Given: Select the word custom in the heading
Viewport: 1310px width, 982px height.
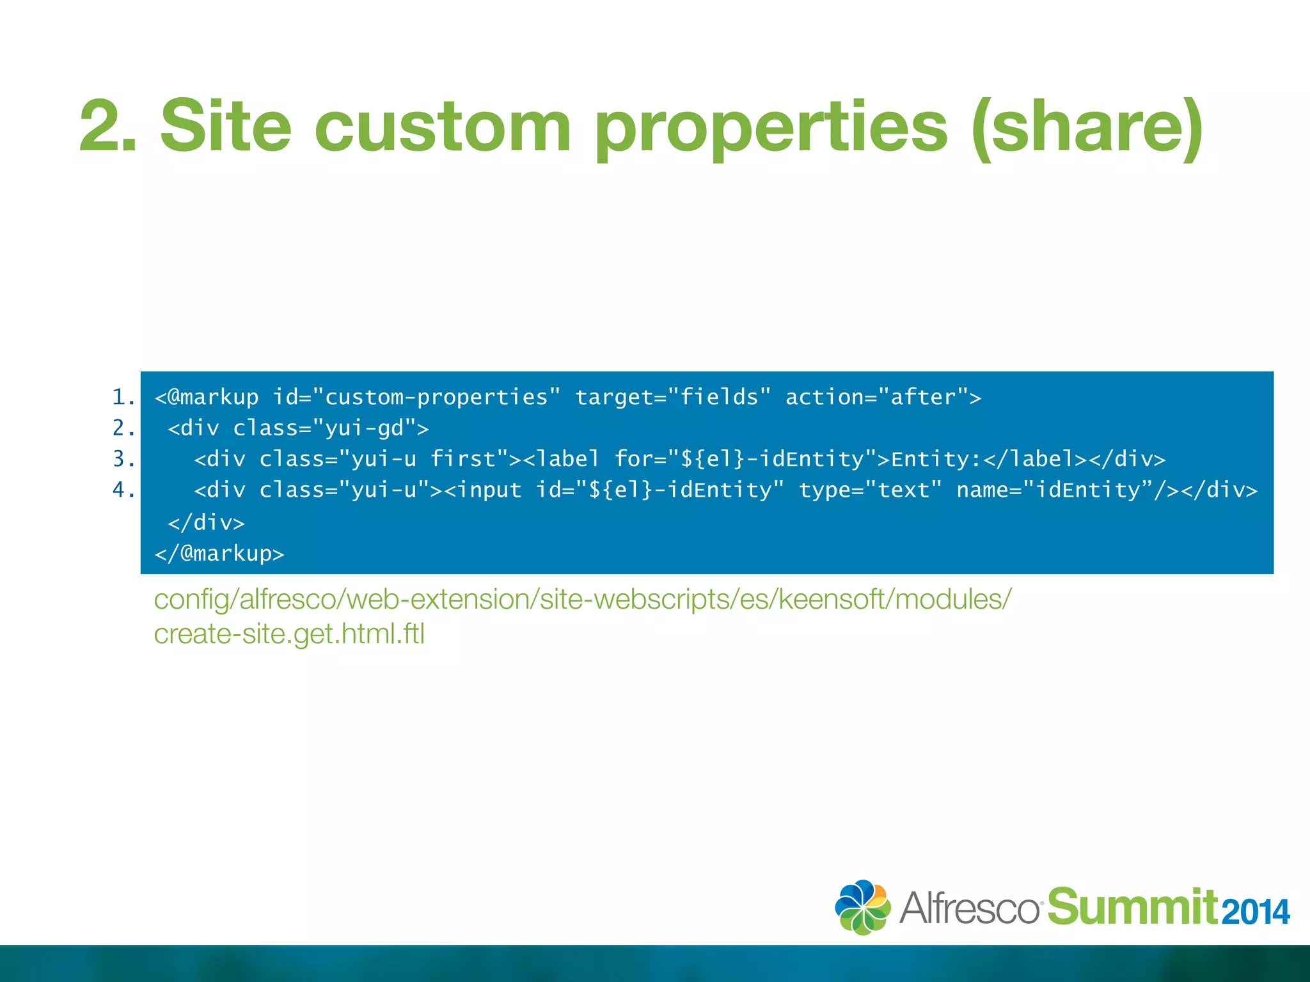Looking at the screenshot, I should (442, 127).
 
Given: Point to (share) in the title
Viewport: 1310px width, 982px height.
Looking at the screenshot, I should (1087, 127).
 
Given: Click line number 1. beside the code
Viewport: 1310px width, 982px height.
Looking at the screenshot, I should (123, 397).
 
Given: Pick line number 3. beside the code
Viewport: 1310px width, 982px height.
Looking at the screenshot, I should (123, 458).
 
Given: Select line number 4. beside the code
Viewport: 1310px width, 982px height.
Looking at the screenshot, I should (123, 490).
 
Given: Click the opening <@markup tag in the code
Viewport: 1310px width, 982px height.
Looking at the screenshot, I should (207, 398).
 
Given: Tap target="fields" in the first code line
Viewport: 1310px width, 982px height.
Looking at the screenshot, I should (673, 397).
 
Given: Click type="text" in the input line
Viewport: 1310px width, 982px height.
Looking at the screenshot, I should (870, 490).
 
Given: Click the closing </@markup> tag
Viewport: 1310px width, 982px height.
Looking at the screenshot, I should (219, 553).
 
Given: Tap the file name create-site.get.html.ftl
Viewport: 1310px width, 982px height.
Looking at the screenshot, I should (289, 634).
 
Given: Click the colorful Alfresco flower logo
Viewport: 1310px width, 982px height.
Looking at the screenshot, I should (862, 907).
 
